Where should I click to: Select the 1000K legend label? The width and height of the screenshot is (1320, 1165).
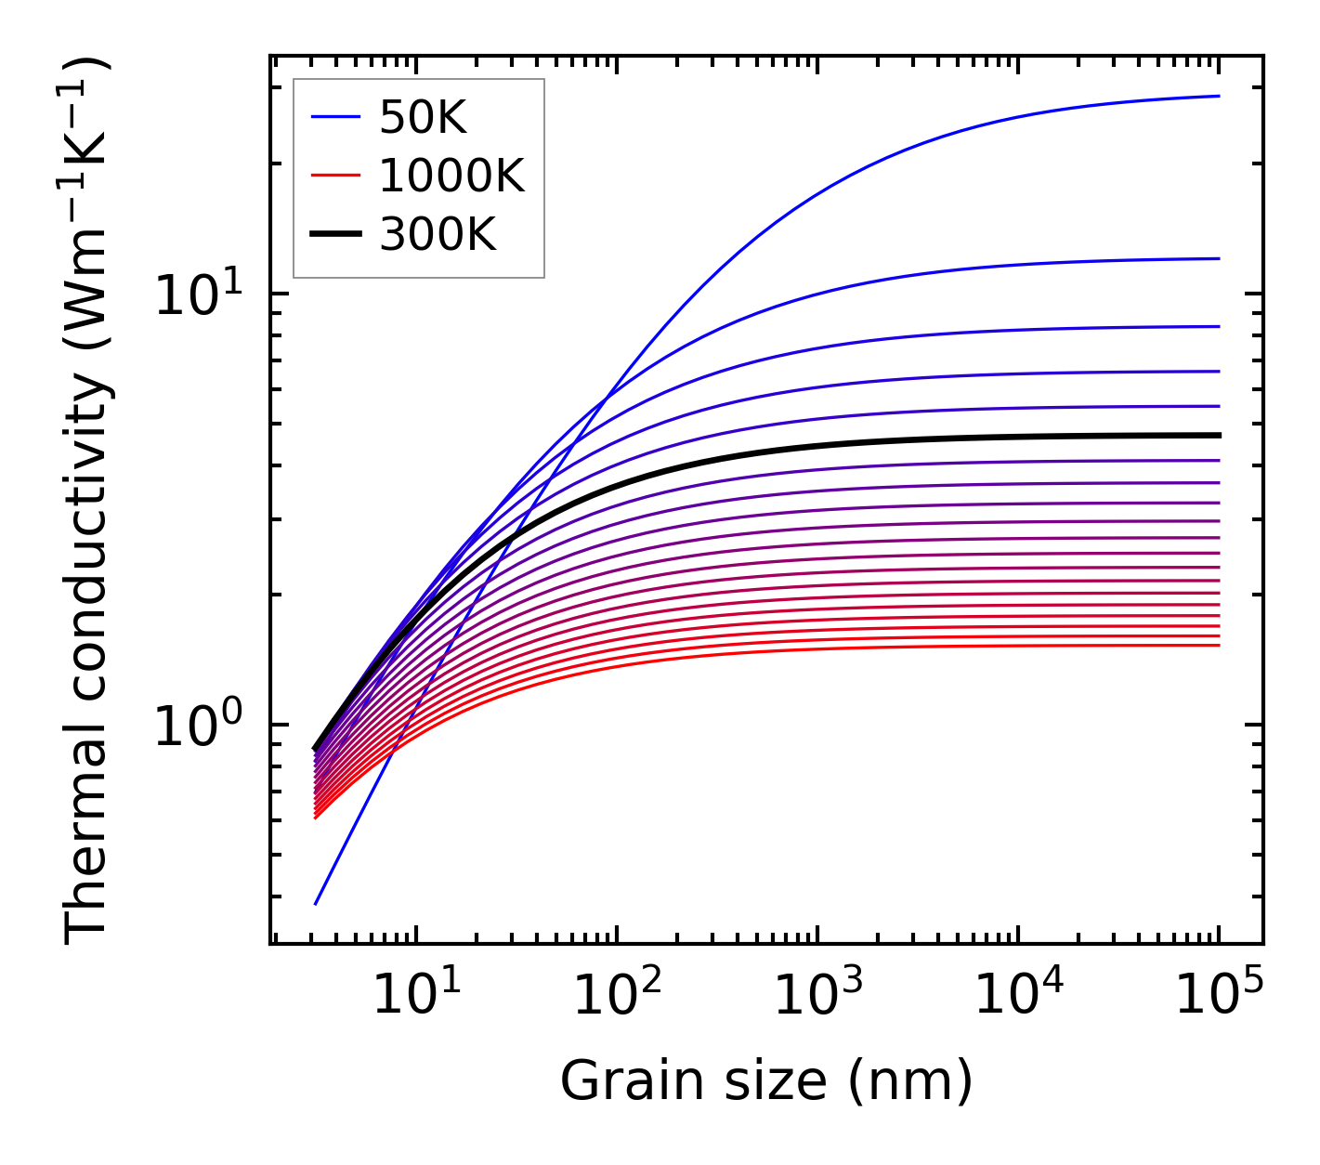tap(451, 176)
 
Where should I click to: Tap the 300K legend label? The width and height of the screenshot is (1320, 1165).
tap(438, 235)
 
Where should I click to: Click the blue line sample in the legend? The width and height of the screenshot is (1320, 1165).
tap(334, 117)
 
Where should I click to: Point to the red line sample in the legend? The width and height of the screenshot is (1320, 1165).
tap(334, 176)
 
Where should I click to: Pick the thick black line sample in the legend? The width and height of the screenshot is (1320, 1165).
tap(334, 235)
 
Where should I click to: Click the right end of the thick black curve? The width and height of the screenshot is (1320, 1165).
tap(1219, 435)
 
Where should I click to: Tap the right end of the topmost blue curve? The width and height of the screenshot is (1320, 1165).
tap(1219, 96)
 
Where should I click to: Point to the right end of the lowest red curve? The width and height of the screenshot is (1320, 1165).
tap(1219, 646)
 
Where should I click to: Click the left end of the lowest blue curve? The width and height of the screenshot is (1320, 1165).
tap(316, 904)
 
